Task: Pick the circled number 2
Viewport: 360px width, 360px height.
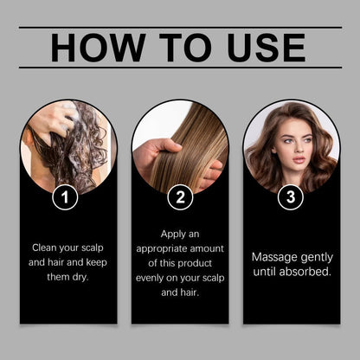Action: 179,197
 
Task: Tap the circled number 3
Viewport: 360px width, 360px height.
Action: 290,197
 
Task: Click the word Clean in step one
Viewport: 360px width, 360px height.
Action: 43,247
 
